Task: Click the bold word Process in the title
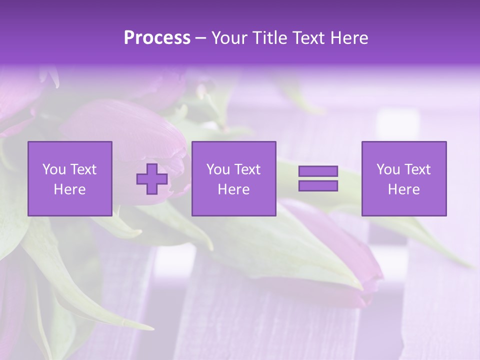point(157,38)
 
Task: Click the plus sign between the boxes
point(152,178)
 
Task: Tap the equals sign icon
point(318,178)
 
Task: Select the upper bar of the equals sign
point(318,171)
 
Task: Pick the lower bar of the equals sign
point(318,185)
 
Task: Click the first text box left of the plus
point(70,178)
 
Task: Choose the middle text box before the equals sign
point(234,178)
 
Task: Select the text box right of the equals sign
point(404,178)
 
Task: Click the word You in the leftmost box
point(54,169)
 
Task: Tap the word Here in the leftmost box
point(70,189)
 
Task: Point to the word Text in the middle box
point(247,169)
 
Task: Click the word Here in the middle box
point(234,189)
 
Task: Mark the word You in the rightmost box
point(388,169)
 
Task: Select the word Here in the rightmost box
point(404,189)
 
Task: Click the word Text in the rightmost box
point(417,169)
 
